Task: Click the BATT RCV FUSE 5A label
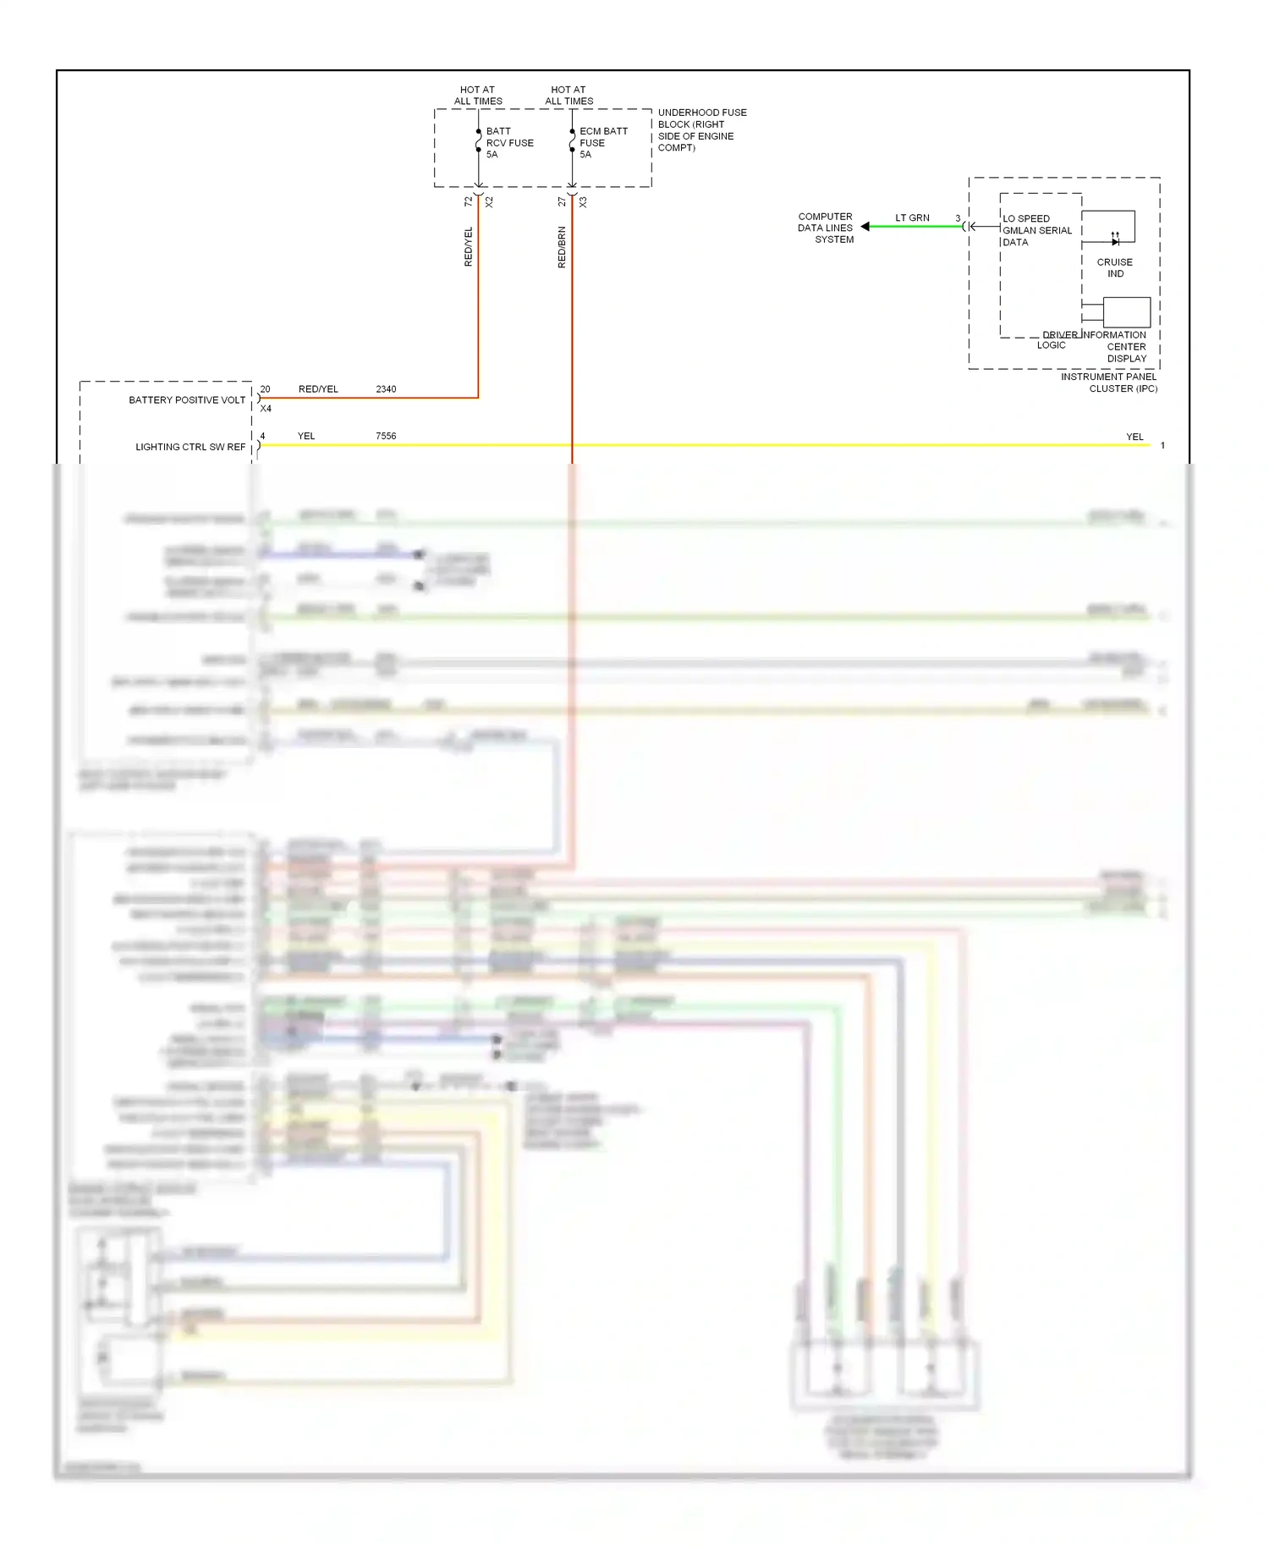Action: (509, 143)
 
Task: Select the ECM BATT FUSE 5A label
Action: (603, 143)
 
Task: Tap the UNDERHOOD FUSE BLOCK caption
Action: (701, 129)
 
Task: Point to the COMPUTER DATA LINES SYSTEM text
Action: (826, 228)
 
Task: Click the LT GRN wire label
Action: (912, 217)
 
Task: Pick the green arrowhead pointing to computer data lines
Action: (865, 227)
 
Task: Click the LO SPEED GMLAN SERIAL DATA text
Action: (1036, 230)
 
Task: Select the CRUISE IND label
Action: (1115, 267)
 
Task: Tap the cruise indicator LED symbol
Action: (1115, 240)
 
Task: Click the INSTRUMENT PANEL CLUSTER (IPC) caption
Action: (1109, 383)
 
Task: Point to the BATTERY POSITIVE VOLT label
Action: (187, 399)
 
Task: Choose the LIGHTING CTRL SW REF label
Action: (190, 447)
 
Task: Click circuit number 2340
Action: (386, 389)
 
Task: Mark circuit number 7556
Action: (386, 436)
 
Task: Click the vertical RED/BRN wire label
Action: (562, 247)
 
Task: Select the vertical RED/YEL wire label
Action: (469, 247)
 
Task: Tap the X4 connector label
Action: (266, 409)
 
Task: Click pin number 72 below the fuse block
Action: (469, 201)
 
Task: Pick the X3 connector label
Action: (583, 201)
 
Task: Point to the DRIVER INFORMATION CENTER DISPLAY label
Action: (1115, 346)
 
